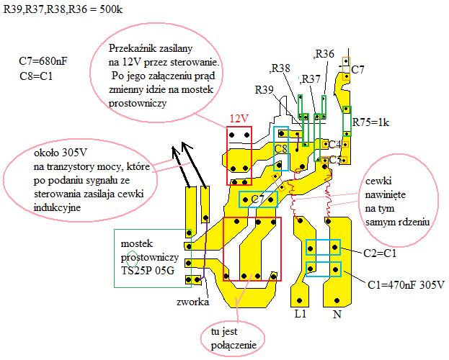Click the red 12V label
point(239,119)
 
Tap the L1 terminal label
point(301,314)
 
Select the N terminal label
point(337,314)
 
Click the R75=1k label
point(370,122)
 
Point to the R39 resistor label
point(264,90)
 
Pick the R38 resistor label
point(280,68)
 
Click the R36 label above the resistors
point(325,53)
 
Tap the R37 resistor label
point(311,78)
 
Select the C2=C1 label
point(380,253)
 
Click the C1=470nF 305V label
point(406,284)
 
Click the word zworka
point(192,302)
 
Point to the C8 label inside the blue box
point(280,149)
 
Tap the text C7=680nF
point(43,61)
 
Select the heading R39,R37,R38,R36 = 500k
point(63,9)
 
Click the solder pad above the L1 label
point(300,300)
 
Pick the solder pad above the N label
point(337,300)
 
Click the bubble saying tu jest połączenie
point(233,338)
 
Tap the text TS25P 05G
point(148,271)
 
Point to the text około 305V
point(60,153)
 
